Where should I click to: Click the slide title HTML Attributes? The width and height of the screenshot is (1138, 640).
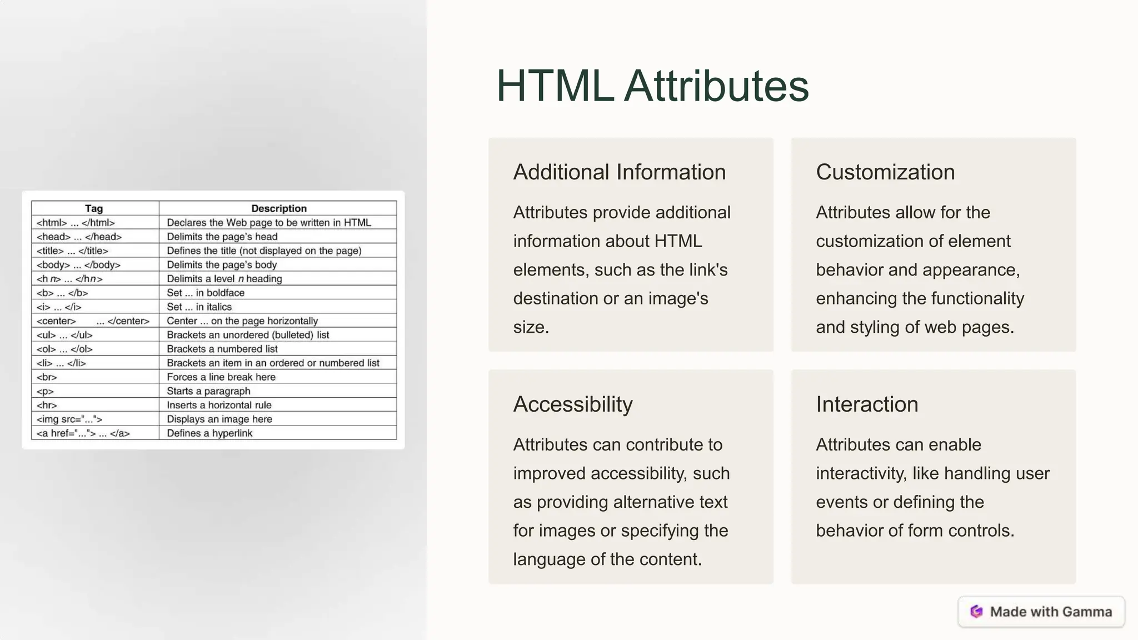click(x=652, y=86)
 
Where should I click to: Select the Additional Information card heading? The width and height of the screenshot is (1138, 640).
click(x=619, y=172)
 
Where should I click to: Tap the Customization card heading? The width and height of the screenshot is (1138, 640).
click(x=885, y=172)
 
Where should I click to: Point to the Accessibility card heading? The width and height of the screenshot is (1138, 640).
click(x=572, y=404)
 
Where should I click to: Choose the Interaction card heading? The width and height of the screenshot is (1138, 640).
click(x=867, y=404)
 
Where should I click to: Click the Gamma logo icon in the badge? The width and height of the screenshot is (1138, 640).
click(x=976, y=612)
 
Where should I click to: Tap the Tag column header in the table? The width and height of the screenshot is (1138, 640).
click(x=94, y=208)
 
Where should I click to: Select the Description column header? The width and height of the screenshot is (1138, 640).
click(x=278, y=208)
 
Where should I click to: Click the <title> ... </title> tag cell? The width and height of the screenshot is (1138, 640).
click(x=72, y=251)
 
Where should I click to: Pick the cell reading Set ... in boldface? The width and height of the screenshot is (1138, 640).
click(x=206, y=293)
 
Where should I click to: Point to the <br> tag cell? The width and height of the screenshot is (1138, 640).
click(x=47, y=377)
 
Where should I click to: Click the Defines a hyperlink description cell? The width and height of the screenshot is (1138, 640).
click(x=209, y=433)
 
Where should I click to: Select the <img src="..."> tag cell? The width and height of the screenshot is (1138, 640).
click(x=69, y=419)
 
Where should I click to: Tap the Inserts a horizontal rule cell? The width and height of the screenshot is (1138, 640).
click(x=219, y=406)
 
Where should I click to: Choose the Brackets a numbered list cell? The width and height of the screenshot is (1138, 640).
click(x=222, y=349)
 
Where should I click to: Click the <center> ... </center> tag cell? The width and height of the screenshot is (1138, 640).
click(x=93, y=321)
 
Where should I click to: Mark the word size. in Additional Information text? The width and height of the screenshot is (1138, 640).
click(x=531, y=327)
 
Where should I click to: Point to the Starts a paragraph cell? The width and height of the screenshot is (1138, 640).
click(x=208, y=391)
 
